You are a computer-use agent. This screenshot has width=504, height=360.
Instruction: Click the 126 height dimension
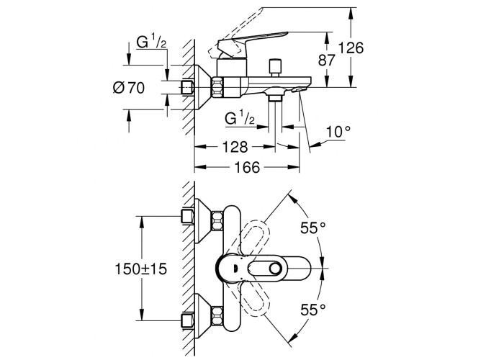(x=351, y=48)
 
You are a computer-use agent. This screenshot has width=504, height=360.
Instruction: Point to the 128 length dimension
(x=235, y=147)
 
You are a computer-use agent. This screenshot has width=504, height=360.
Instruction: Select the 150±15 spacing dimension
(x=140, y=269)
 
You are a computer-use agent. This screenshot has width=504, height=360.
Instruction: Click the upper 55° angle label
(x=313, y=228)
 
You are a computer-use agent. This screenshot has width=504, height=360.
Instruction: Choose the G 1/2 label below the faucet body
(x=240, y=118)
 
